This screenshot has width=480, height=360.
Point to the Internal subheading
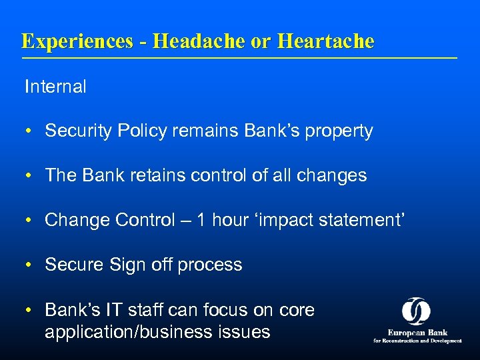(x=55, y=87)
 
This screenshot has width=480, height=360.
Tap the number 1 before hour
(x=200, y=220)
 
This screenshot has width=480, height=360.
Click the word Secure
(x=71, y=265)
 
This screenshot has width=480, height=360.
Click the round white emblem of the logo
(x=416, y=311)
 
